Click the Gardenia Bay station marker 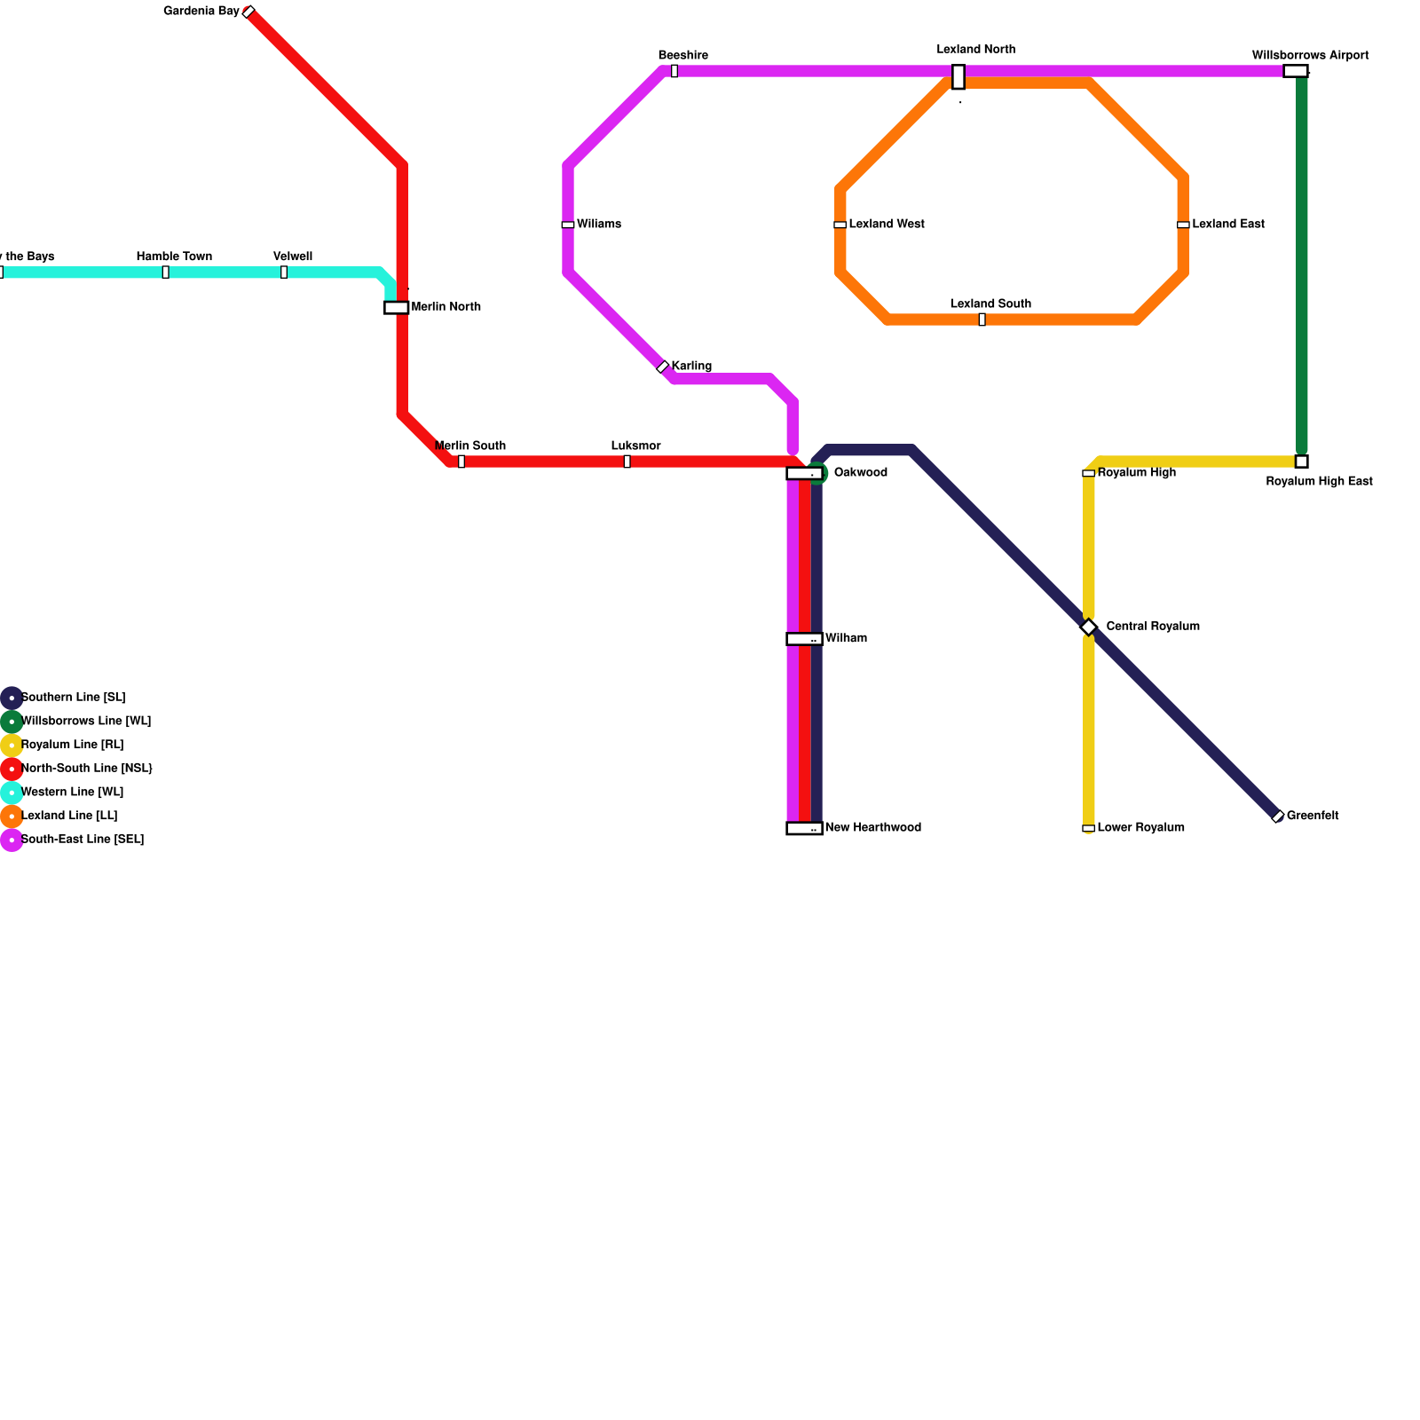coord(248,12)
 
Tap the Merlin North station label coord(446,307)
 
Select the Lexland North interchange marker coord(958,77)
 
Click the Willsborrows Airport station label coord(1310,55)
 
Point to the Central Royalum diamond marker coord(1089,627)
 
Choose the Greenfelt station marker coord(1278,816)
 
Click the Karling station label coord(691,366)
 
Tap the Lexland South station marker coord(982,319)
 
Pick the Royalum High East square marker coord(1301,461)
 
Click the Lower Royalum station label coord(1140,828)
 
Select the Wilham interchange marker coord(804,639)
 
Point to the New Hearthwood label coord(872,828)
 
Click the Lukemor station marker coord(627,461)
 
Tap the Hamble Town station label coord(174,256)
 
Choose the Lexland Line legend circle coord(12,816)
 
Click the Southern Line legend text coord(73,698)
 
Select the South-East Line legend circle coord(12,840)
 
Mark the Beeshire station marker coord(674,71)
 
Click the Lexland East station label coord(1227,224)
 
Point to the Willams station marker coord(568,225)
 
